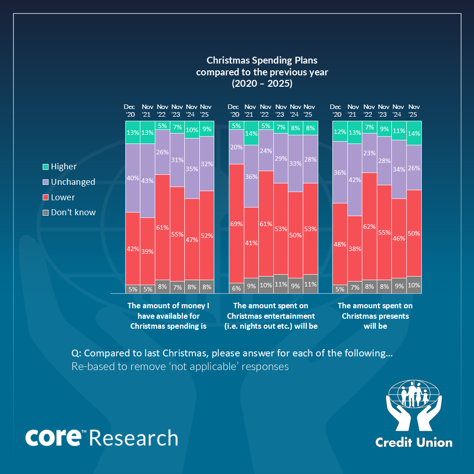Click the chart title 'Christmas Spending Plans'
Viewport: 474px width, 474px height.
262,60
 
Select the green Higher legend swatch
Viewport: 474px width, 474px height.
45,167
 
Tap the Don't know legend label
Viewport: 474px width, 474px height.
73,212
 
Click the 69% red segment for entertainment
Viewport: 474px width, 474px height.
236,223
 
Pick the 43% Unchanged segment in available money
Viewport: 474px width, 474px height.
147,180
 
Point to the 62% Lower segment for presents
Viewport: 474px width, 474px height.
370,226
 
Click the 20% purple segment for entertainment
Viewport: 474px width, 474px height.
236,147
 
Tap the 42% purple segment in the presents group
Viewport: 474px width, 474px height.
355,179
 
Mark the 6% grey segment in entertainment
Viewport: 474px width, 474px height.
236,288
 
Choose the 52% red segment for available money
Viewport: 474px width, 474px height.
207,235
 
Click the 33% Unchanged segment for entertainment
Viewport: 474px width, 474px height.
295,163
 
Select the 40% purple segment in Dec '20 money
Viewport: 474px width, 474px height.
133,178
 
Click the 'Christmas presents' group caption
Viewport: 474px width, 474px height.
375,316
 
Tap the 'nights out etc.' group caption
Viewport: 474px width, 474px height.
271,326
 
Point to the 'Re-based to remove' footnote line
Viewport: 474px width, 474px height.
180,366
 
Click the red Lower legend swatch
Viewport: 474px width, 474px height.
45,197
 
